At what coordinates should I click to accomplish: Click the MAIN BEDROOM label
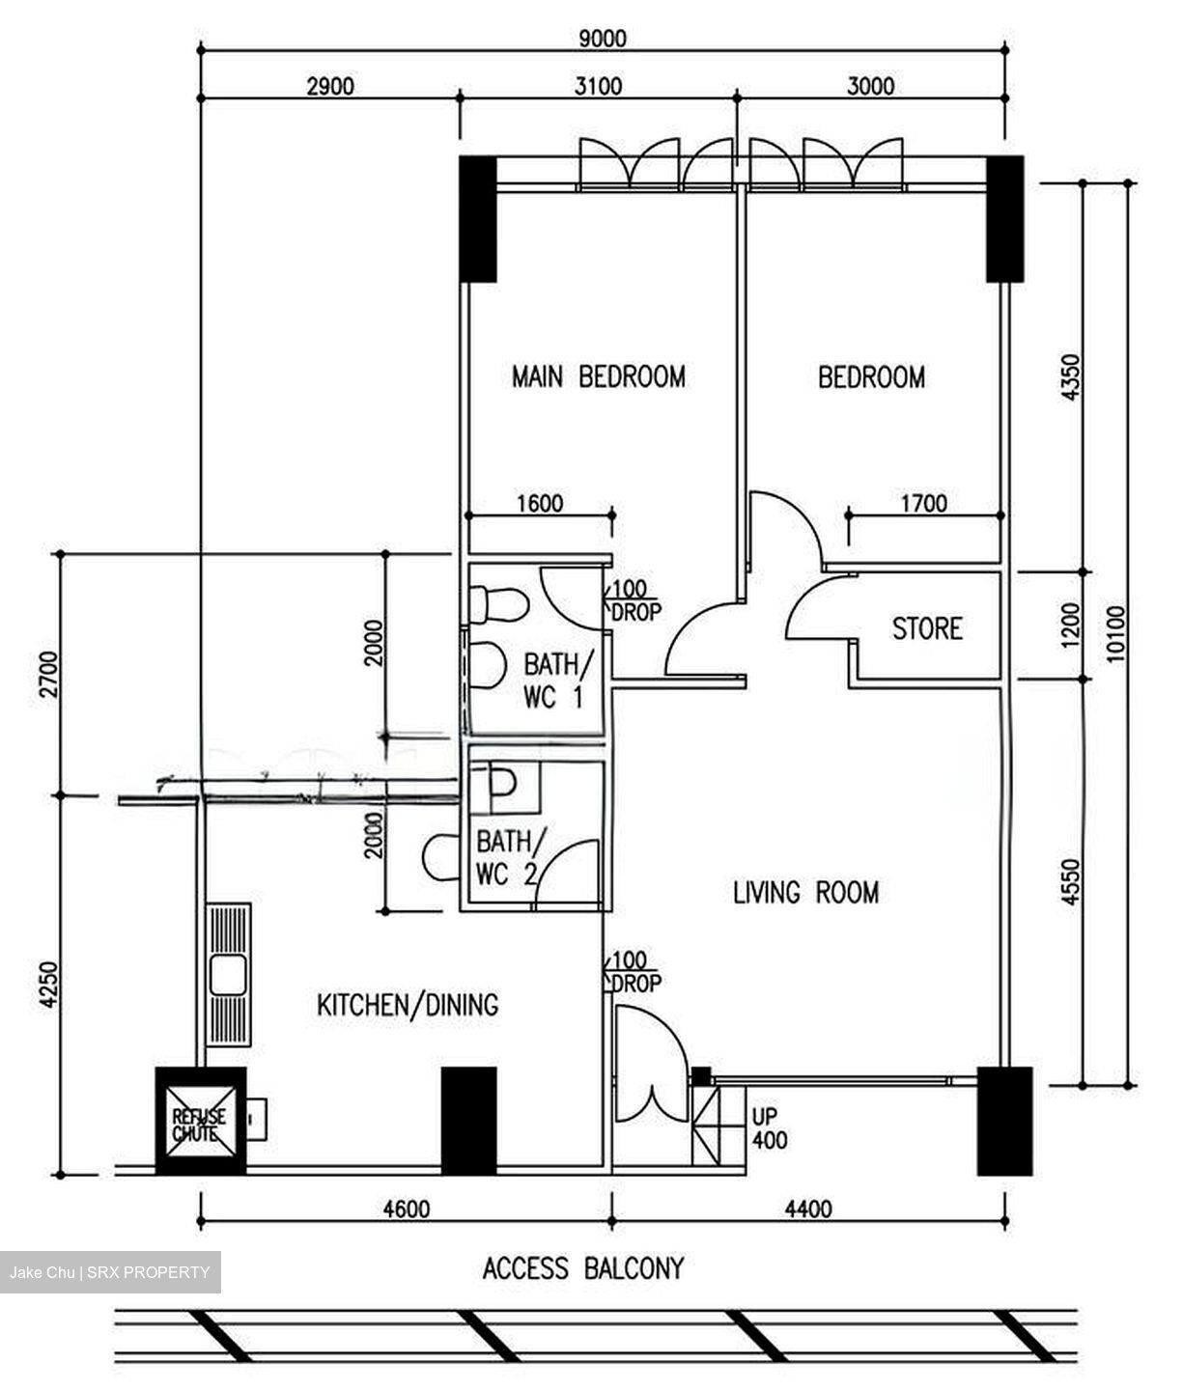[598, 375]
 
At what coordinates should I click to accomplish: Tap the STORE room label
[926, 628]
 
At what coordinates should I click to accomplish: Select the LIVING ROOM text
[805, 892]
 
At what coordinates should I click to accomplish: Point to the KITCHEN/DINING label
[408, 1005]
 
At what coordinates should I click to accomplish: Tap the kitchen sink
[229, 975]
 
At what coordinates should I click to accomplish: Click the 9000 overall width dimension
[602, 39]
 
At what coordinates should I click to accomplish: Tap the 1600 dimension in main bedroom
[539, 503]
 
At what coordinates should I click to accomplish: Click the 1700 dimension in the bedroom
[923, 503]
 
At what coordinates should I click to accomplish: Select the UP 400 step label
[770, 1128]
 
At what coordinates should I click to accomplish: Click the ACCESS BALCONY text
[582, 1267]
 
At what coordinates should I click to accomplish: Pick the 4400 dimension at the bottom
[808, 1209]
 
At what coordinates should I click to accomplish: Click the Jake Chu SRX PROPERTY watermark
[109, 1272]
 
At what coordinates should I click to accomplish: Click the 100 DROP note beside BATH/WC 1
[635, 600]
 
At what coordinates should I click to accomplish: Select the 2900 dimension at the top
[330, 86]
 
